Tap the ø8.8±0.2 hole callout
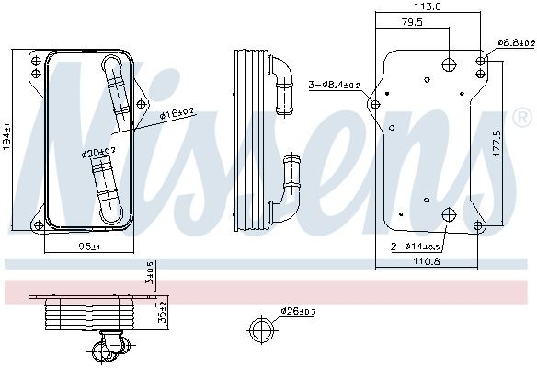515,42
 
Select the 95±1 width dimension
88,247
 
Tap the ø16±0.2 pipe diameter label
175,114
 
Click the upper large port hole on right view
449,63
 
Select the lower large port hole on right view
449,217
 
